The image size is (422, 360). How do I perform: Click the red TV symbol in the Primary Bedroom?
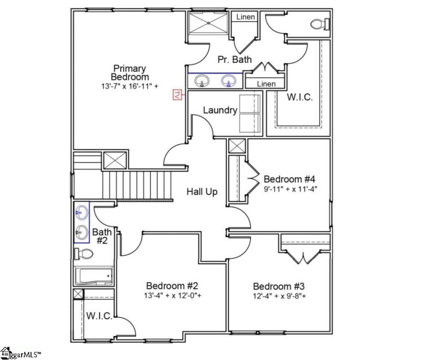(178, 94)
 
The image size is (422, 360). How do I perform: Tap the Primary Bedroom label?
(130, 72)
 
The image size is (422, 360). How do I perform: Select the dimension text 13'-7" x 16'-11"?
(130, 86)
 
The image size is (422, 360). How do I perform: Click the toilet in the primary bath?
(319, 24)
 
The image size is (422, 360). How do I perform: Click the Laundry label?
(220, 110)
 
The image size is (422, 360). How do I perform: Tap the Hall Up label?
(202, 192)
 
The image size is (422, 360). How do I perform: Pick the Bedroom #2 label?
(172, 286)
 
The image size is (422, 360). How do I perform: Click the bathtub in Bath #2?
(94, 276)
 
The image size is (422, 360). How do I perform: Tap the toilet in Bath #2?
(84, 254)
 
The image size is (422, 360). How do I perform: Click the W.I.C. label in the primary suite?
(300, 97)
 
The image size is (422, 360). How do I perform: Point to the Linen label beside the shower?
(245, 17)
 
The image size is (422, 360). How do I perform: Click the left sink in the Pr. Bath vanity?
(202, 81)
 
